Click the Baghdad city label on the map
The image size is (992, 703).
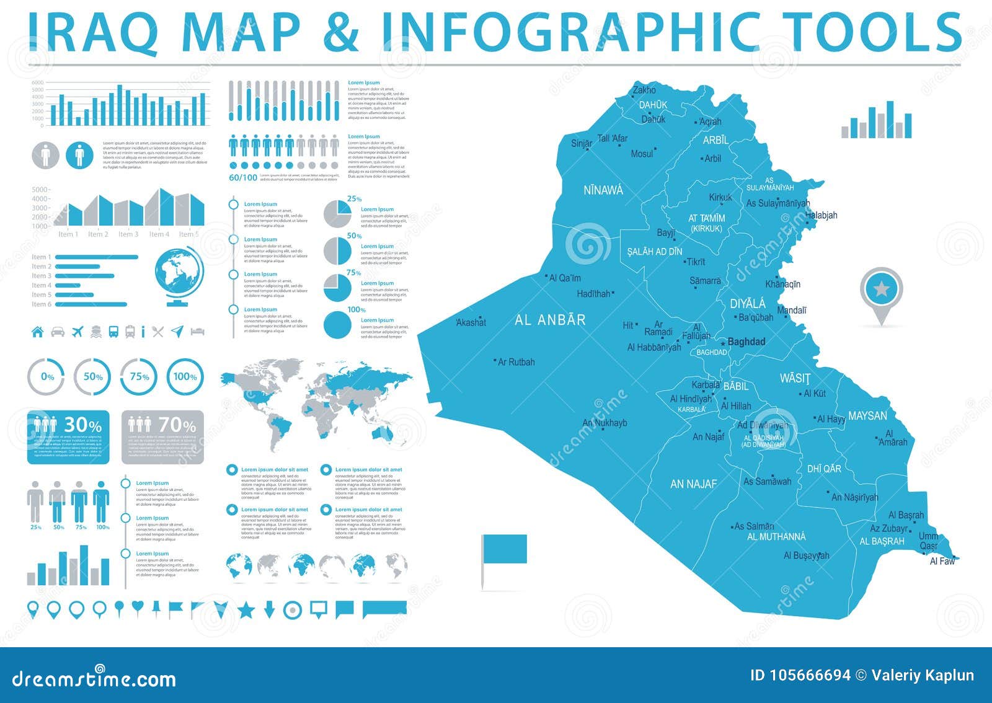(746, 342)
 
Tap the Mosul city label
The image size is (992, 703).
(642, 154)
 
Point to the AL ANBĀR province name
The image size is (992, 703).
(550, 320)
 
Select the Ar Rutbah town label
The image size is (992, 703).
(516, 362)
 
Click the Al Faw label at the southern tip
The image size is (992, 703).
(942, 561)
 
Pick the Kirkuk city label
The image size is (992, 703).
(720, 197)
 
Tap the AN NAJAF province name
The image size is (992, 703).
(693, 484)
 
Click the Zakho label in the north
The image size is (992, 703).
(644, 91)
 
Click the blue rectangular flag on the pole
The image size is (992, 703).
(504, 549)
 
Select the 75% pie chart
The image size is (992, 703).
(338, 288)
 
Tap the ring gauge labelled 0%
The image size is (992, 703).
(47, 376)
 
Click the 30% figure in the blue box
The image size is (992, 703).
(83, 425)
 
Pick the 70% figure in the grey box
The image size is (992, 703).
(177, 425)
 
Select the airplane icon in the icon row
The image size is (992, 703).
(77, 332)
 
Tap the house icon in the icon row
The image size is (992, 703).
(38, 332)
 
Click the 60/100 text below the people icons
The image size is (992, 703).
(243, 178)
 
